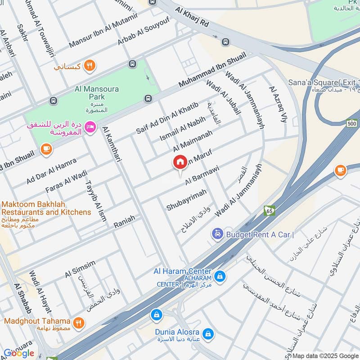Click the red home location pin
180,162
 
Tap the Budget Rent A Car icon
217,234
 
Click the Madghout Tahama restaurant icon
79,322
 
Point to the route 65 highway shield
269,211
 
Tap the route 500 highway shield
351,123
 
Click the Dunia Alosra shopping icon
208,333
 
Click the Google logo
18,353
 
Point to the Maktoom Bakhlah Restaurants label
46,208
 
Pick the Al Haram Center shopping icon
220,275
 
